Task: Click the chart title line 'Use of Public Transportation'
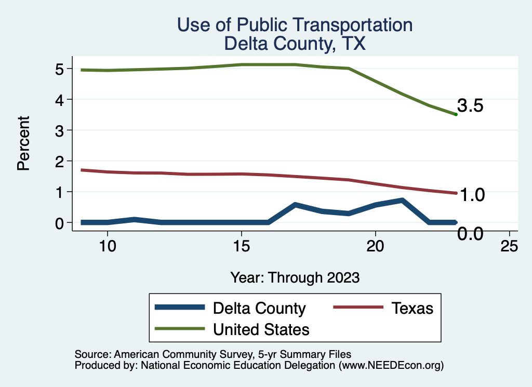pos(295,25)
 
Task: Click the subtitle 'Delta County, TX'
pos(295,44)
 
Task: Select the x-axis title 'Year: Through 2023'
pos(295,277)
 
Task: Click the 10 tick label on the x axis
pos(107,246)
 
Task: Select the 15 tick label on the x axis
pos(241,246)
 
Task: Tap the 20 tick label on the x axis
pos(375,246)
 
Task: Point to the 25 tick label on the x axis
pos(509,246)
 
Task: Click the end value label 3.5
pos(471,106)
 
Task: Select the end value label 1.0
pos(471,195)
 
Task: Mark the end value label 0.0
pos(471,234)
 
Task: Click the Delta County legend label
pos(259,308)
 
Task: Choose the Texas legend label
pos(412,308)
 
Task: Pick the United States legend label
pos(261,329)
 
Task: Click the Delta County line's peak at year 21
pos(402,200)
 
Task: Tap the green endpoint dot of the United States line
pos(456,114)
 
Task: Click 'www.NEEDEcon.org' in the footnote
pos(391,365)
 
